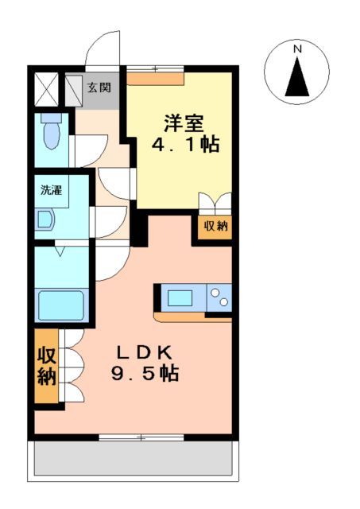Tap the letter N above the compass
[x=298, y=49]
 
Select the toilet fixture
[x=52, y=132]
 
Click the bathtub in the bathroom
[x=61, y=305]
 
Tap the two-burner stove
[x=219, y=300]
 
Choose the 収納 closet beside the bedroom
[x=215, y=226]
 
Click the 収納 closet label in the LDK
[x=46, y=366]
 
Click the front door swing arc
[x=102, y=49]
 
